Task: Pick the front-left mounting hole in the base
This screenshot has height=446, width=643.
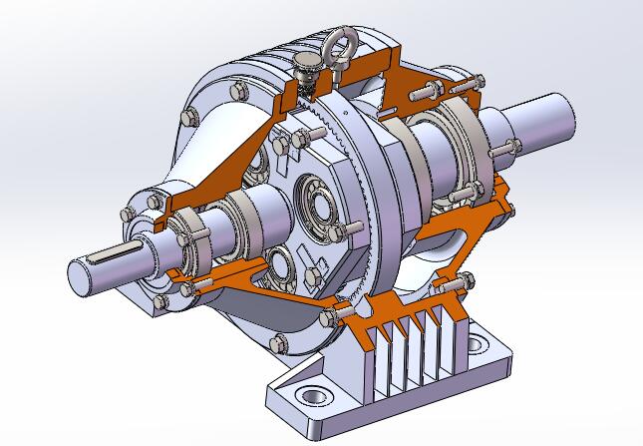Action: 311,396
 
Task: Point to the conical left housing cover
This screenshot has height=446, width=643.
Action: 199,150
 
